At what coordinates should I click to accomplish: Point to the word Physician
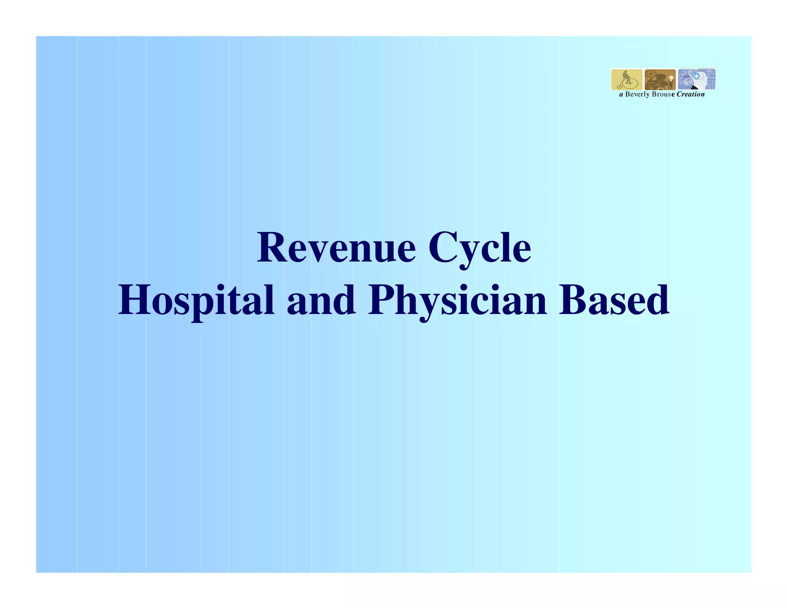pos(457,301)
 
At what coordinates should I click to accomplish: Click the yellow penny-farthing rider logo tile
pos(626,80)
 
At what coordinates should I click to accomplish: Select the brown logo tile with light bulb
pos(660,80)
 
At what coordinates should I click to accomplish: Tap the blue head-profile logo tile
pos(696,80)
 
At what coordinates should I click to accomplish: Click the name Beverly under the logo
pos(637,95)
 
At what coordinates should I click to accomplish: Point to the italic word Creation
pos(691,95)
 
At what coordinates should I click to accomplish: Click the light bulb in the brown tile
pos(671,78)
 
